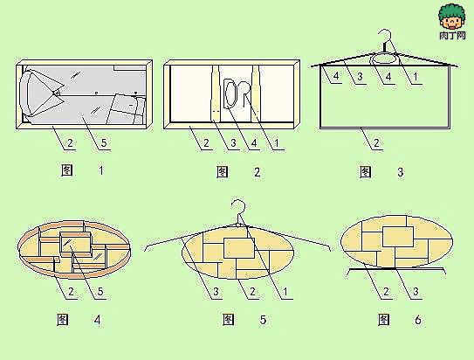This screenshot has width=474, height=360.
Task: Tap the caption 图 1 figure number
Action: [101, 170]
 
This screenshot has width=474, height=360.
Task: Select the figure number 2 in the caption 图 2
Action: [257, 172]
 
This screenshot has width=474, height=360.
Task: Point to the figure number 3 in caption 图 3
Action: [401, 172]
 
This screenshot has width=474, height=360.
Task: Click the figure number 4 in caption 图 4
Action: [98, 320]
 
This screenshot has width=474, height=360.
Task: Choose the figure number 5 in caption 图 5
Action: [263, 320]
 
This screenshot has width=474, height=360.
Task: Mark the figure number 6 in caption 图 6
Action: [418, 320]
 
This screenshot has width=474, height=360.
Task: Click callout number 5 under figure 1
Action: [104, 142]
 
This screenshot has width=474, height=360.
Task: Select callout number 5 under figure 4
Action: [100, 292]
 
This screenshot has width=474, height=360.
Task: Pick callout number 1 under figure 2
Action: [277, 142]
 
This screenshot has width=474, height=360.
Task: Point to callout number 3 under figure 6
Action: [416, 292]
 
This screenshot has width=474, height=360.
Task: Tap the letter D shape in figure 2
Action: [230, 93]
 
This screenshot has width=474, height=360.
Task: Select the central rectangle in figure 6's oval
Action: [398, 237]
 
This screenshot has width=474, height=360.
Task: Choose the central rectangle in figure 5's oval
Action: [239, 248]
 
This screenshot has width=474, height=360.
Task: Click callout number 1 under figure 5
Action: [285, 292]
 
